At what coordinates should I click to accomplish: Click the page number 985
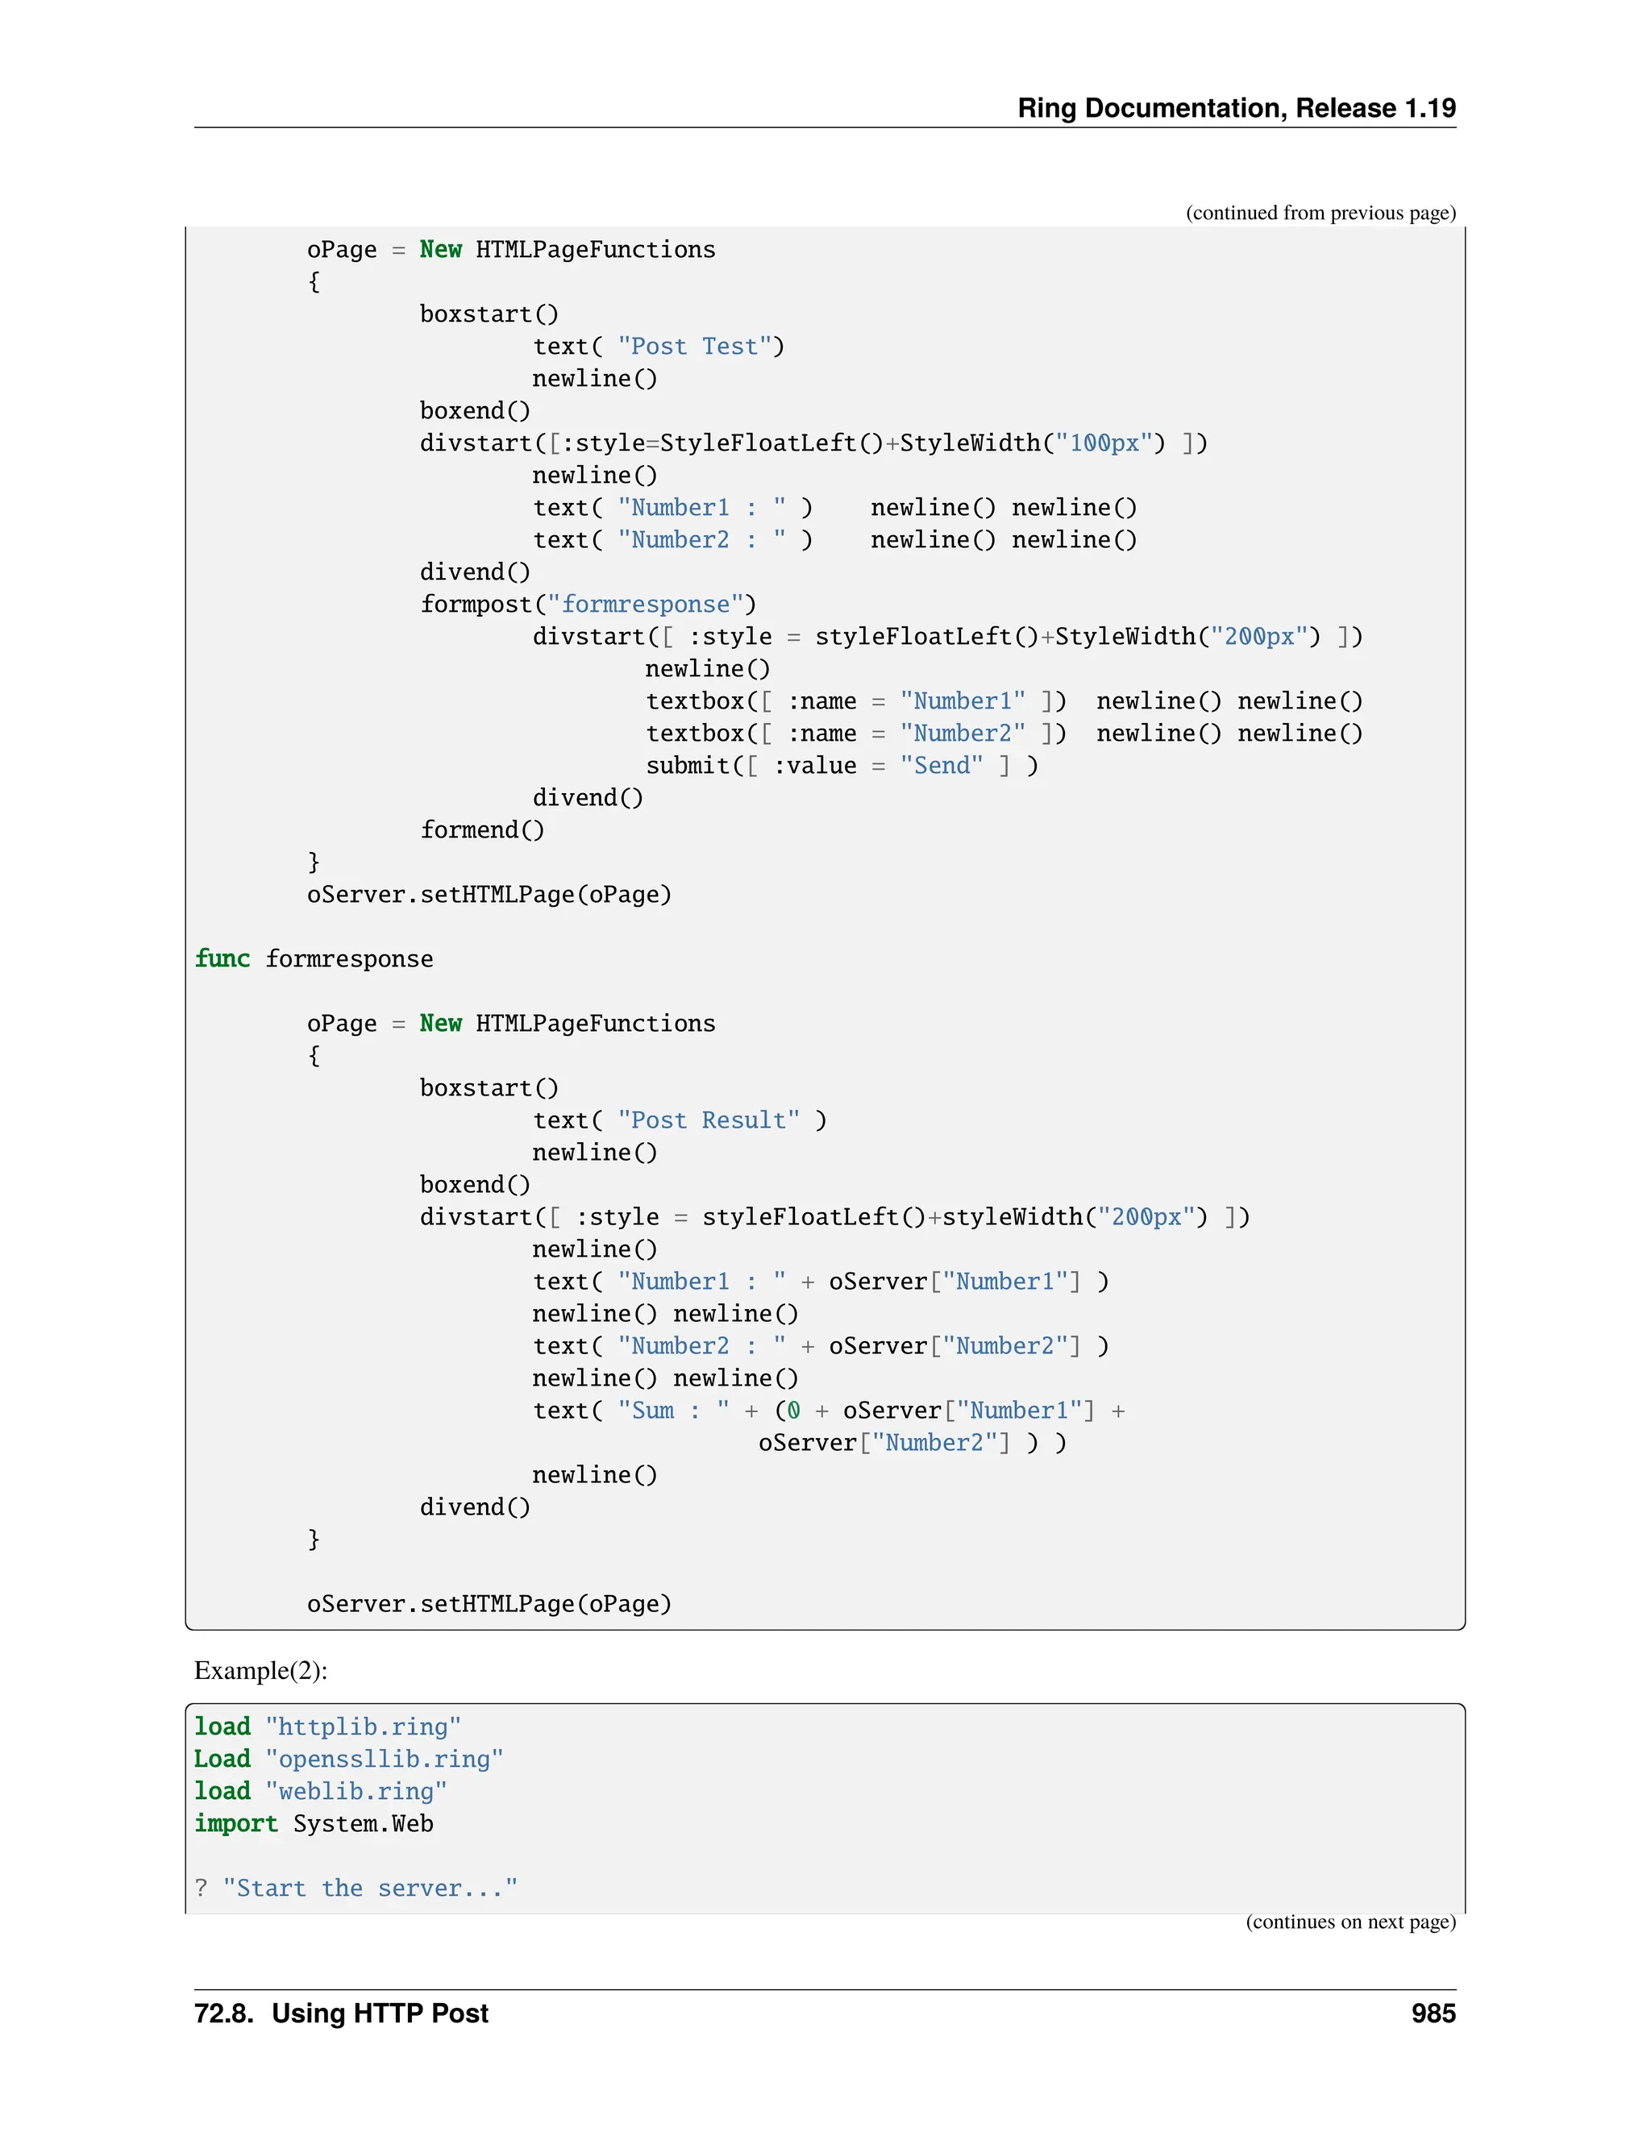click(1433, 2013)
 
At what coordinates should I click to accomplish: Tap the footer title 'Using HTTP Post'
click(380, 2013)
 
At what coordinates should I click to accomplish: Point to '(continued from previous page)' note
click(1320, 214)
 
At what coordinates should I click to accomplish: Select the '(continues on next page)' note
click(1349, 1922)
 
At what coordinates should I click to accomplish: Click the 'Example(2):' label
click(260, 1670)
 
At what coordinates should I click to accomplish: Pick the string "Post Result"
click(708, 1120)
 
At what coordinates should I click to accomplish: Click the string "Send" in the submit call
click(941, 766)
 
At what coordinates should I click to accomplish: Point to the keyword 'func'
click(222, 958)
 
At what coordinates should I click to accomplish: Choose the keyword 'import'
click(235, 1824)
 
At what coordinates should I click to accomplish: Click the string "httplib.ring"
click(363, 1727)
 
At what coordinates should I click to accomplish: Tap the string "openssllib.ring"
click(385, 1760)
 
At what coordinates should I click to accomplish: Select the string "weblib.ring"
click(356, 1792)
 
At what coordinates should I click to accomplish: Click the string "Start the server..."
click(370, 1889)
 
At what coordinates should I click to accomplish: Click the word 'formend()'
click(482, 830)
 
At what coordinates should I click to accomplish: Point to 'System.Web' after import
click(363, 1824)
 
